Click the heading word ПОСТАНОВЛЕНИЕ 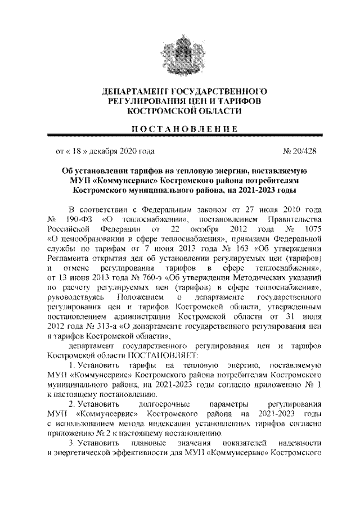pos(179,129)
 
